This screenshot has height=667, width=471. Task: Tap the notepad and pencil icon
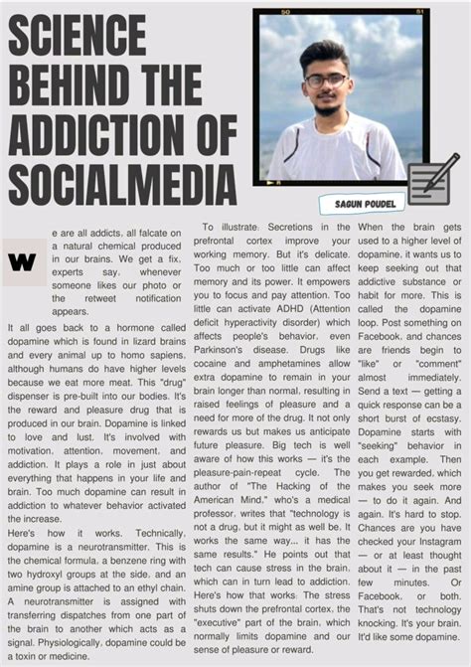pyautogui.click(x=432, y=180)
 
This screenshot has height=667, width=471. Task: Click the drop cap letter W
pyautogui.click(x=22, y=261)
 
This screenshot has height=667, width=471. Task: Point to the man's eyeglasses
pyautogui.click(x=326, y=81)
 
